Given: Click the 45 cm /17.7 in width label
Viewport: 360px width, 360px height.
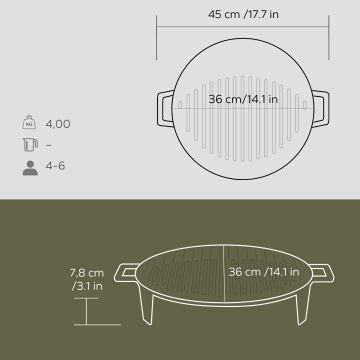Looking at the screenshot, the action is [x=243, y=15].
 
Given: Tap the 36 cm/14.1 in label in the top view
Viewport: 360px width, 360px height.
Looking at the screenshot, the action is [x=243, y=99].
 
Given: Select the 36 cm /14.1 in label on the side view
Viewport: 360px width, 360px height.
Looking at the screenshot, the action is [x=264, y=272].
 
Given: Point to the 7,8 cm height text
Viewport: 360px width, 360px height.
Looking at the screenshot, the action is [x=87, y=273].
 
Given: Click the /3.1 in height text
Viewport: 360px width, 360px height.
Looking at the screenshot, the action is [x=87, y=286].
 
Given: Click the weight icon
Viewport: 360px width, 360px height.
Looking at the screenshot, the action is [x=29, y=122].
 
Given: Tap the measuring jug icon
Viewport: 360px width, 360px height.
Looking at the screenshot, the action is [x=30, y=145].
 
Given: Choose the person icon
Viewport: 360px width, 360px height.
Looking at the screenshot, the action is [x=30, y=168].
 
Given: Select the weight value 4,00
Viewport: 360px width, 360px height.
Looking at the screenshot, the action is [x=58, y=124].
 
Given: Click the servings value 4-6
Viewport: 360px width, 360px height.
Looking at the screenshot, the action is [x=55, y=166].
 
